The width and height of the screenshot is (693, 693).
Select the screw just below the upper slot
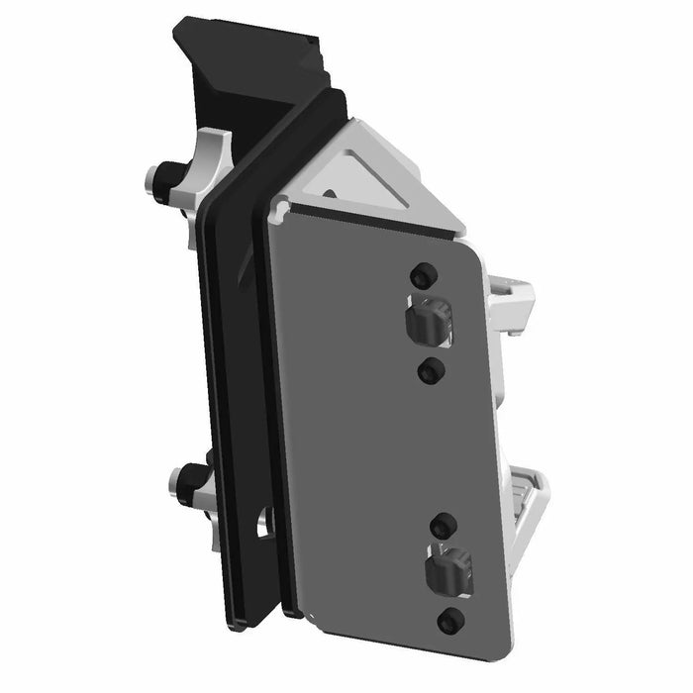(429, 371)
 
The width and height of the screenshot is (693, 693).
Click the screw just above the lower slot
(445, 524)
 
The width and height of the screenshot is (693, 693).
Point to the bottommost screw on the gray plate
(451, 621)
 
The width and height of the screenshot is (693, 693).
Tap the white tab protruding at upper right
(515, 295)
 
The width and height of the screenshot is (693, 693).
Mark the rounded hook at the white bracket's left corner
(281, 207)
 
